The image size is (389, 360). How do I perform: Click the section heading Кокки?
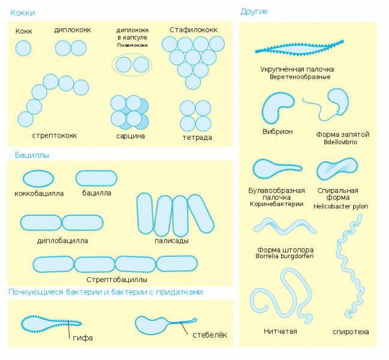pos(23,13)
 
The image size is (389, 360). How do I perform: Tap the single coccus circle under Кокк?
pos(23,48)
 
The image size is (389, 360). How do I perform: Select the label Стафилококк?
pos(194,30)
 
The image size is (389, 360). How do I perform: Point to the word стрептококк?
pos(55,136)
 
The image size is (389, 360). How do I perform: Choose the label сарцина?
pos(131,136)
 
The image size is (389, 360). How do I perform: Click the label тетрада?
pos(197,137)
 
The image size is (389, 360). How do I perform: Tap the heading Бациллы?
pos(32,155)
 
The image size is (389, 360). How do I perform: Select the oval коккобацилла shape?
pos(38,179)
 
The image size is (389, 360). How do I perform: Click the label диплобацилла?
pos(62,241)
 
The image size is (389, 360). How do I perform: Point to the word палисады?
pos(171,241)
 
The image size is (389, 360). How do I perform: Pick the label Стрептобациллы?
pos(117,280)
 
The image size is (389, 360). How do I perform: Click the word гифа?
pos(83,338)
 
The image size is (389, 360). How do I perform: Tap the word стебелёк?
pos(210,335)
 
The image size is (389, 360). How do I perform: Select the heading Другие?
pos(254,11)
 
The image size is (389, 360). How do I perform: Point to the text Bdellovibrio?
pos(340,142)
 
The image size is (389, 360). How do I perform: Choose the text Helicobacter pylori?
pos(340,206)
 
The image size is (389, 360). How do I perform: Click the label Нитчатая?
pos(281,331)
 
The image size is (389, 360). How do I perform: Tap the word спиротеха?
pos(351,332)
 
